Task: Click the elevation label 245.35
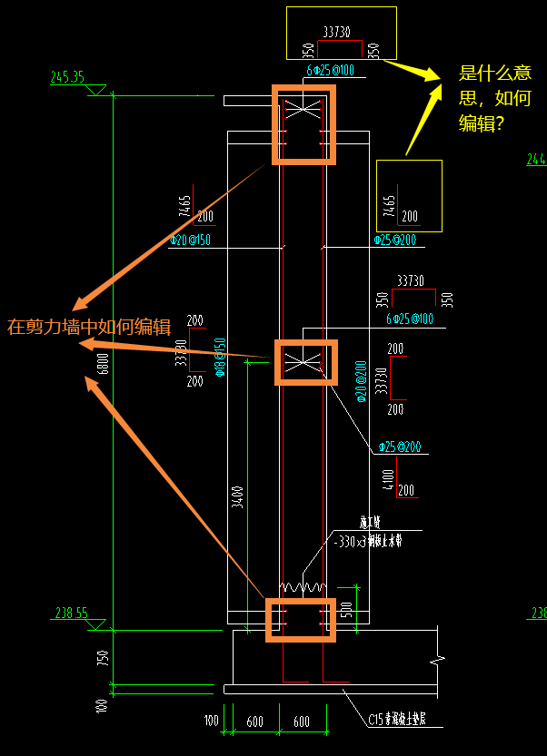pos(67,78)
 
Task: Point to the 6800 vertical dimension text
pos(103,364)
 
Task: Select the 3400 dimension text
pos(238,496)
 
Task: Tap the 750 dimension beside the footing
pos(103,656)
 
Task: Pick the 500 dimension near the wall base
pos(347,608)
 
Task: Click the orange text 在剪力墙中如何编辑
pos(88,327)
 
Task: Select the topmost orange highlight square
pos(303,124)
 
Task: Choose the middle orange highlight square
pos(305,362)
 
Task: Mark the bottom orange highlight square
pos(301,620)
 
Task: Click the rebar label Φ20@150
pos(191,241)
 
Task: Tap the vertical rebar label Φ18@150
pos(220,358)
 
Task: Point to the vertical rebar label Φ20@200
pos(361,381)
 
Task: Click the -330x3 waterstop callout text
pos(367,541)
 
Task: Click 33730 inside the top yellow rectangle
pos(336,32)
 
